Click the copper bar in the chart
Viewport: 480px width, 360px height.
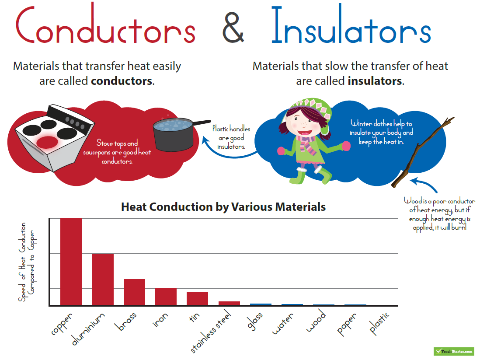(71, 262)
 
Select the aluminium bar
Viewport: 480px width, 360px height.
(103, 280)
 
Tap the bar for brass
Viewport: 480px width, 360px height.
(134, 292)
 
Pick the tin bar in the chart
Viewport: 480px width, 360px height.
(198, 299)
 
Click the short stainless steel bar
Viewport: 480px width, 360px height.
(229, 303)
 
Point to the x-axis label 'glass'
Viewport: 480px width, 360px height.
(255, 321)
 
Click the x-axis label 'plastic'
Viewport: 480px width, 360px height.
(379, 323)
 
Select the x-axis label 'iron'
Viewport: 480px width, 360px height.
(160, 320)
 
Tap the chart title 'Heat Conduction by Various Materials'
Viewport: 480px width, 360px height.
(223, 207)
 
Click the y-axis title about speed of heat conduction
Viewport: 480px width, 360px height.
(26, 262)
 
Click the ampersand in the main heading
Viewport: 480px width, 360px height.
(233, 28)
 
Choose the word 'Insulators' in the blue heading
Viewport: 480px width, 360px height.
(351, 24)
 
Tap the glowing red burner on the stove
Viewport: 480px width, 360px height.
(47, 142)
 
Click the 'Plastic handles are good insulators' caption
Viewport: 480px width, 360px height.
(231, 137)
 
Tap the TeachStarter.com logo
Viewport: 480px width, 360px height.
(454, 351)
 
